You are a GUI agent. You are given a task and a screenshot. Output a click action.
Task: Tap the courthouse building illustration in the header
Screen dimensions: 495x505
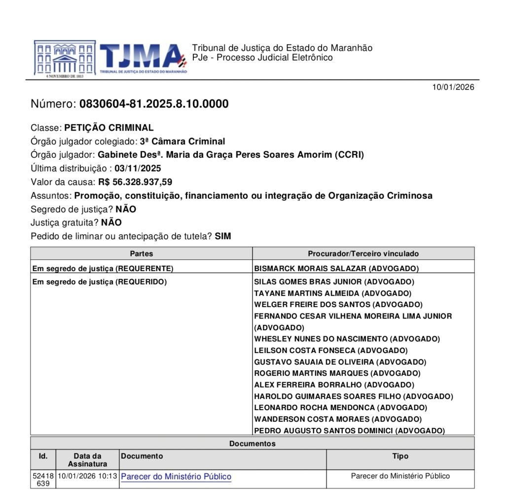(65, 58)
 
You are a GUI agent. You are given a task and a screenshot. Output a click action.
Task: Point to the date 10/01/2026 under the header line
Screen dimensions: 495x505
(453, 87)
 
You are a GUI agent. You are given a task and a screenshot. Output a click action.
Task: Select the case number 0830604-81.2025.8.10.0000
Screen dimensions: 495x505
(154, 104)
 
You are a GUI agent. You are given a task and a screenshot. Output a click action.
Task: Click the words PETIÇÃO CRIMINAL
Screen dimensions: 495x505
(109, 128)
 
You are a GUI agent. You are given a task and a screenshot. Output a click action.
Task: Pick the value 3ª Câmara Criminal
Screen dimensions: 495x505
(182, 141)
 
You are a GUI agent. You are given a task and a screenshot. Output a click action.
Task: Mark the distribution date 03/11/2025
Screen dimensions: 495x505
(138, 168)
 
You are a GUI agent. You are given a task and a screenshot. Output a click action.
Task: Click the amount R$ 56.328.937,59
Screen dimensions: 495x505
(135, 182)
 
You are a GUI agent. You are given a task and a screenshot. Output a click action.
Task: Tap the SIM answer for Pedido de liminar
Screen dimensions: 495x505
(223, 236)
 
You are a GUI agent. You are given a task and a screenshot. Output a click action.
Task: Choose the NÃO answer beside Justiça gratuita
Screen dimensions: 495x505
(111, 222)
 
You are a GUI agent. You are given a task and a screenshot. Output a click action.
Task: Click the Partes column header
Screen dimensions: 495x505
(142, 253)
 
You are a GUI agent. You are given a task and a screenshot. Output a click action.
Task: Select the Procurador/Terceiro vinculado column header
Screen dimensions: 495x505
(363, 253)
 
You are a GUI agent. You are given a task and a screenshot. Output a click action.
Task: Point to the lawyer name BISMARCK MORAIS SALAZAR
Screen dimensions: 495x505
(311, 269)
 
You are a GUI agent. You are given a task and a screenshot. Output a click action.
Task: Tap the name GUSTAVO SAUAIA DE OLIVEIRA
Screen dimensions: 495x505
(313, 362)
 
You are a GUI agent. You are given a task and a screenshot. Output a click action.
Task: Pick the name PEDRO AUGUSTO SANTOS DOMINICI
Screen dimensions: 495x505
(324, 430)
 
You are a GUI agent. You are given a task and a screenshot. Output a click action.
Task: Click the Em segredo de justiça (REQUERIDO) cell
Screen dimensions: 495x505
(99, 282)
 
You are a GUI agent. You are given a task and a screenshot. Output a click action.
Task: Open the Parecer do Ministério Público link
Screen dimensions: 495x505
(176, 477)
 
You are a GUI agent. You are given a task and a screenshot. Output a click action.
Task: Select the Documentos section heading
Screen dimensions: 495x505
(252, 443)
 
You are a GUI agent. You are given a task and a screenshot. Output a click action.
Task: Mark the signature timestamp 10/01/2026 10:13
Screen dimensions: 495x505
(87, 476)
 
